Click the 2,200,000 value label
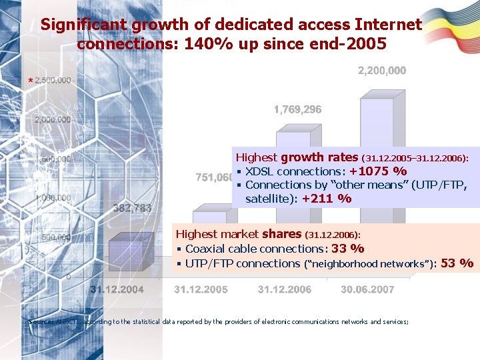pos(382,71)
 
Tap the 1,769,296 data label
pos(298,110)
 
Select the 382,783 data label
pos(131,208)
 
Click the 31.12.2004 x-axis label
pos(117,289)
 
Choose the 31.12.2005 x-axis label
pos(201,289)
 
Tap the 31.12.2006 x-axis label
pos(284,289)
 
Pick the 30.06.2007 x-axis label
pos(367,289)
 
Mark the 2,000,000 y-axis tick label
pos(53,120)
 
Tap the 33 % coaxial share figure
pos(347,249)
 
